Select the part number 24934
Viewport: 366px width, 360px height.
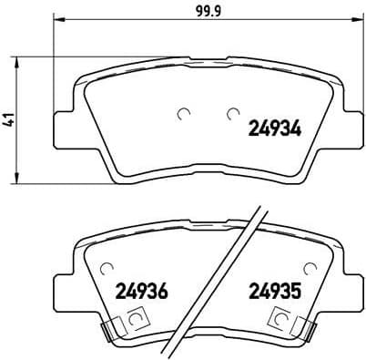(x=275, y=129)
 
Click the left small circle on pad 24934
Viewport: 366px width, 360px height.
(x=183, y=114)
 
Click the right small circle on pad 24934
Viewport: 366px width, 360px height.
(x=230, y=114)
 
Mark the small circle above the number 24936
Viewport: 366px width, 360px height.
(x=108, y=268)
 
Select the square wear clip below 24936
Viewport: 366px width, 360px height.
(x=136, y=320)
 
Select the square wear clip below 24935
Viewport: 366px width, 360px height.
(x=283, y=320)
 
